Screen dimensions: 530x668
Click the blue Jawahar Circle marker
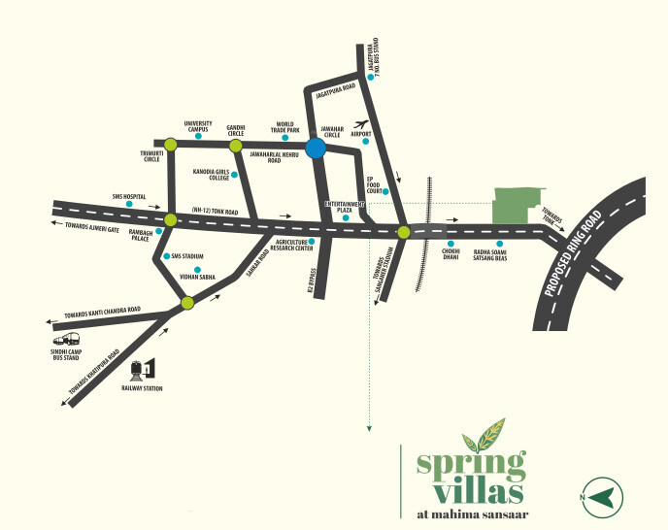(x=315, y=149)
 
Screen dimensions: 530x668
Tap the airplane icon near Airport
(x=363, y=124)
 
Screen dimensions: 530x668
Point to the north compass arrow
(x=599, y=496)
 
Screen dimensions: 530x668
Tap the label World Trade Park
(x=284, y=128)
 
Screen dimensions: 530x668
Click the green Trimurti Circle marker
(x=170, y=145)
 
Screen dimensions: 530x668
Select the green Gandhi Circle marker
(x=234, y=146)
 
